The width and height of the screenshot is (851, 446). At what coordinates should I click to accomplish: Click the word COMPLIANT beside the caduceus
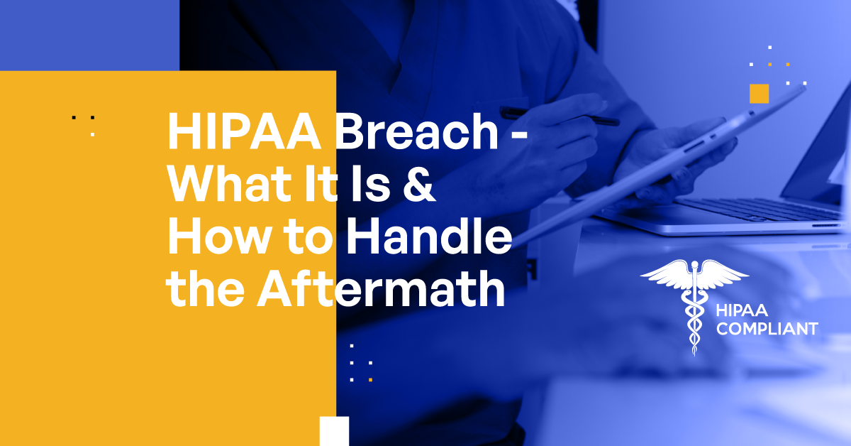point(767,329)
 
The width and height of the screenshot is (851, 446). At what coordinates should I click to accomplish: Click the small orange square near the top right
point(760,93)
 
